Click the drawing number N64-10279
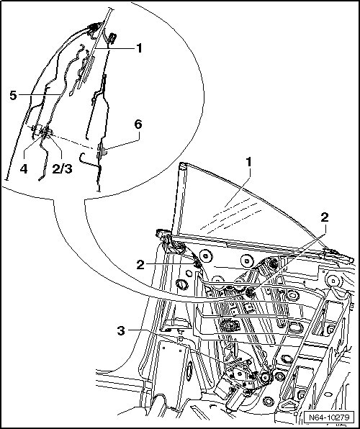pyautogui.click(x=329, y=417)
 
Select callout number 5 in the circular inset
pyautogui.click(x=13, y=96)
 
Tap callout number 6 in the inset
pyautogui.click(x=138, y=125)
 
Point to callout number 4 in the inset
pyautogui.click(x=24, y=169)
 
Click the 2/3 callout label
pyautogui.click(x=63, y=169)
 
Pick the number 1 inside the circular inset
pyautogui.click(x=140, y=48)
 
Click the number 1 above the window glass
pyautogui.click(x=249, y=162)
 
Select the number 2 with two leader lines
pyautogui.click(x=325, y=218)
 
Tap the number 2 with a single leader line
pyautogui.click(x=140, y=265)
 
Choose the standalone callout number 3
pyautogui.click(x=121, y=331)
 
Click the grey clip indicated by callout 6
pyautogui.click(x=101, y=150)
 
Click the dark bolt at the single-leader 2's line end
pyautogui.click(x=197, y=264)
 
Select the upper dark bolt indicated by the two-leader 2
pyautogui.click(x=273, y=263)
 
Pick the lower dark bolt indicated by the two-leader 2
pyautogui.click(x=250, y=293)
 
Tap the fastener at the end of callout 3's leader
pyautogui.click(x=253, y=376)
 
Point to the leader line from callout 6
pyautogui.click(x=122, y=141)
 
